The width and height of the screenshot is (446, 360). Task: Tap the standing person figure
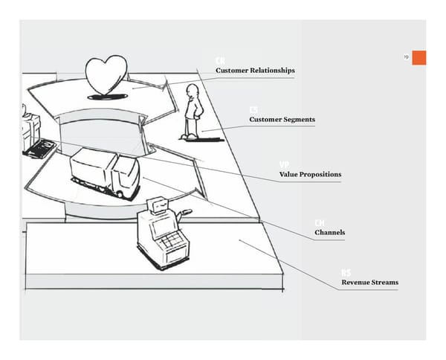coord(193,112)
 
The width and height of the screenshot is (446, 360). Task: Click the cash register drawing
coord(161,231)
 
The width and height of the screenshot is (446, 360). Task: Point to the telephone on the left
coord(39,148)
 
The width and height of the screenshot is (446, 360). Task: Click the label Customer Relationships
coord(255,71)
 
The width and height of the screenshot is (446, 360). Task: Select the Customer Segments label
coord(282,120)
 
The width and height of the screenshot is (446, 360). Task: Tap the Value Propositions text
coord(310,175)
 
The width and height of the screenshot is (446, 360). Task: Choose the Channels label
coord(329,233)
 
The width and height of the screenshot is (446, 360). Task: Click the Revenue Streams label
coord(369,283)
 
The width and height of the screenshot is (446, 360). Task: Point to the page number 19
coord(405,57)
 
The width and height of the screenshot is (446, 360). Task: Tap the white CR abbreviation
coord(221,60)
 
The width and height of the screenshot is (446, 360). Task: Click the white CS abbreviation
coord(254,110)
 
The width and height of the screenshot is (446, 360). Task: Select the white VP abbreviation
coord(285,164)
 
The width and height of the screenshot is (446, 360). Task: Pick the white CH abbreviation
coord(320,222)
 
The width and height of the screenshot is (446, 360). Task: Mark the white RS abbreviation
coord(346,273)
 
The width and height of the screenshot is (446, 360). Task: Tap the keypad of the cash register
coord(171,240)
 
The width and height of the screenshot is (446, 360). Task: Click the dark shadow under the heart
coord(106,97)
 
